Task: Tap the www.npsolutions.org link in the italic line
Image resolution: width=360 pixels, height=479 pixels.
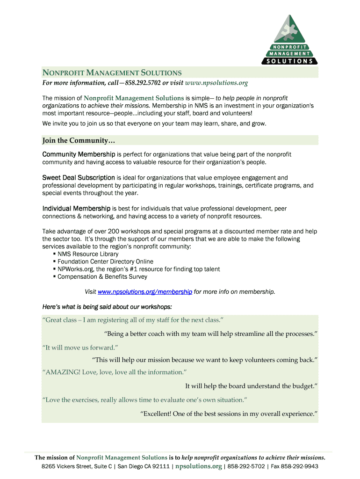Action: [216, 83]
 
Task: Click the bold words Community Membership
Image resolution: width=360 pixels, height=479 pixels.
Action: [79, 154]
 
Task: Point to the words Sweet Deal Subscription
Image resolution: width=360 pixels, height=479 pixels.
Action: [79, 178]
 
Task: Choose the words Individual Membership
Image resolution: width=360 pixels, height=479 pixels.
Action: [76, 208]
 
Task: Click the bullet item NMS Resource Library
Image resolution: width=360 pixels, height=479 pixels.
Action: [88, 254]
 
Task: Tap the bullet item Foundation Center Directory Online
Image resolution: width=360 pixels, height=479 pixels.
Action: [105, 261]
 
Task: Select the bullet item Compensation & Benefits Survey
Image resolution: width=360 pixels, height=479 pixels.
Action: [102, 276]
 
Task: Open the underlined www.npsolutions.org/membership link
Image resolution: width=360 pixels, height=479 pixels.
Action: [145, 292]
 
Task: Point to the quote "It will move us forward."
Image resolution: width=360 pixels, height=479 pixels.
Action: [80, 348]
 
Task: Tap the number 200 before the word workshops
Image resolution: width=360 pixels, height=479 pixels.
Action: [114, 232]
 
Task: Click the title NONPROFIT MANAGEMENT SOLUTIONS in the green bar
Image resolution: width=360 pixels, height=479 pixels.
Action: [112, 73]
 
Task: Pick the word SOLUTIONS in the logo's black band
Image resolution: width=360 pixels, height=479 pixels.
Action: [290, 61]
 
